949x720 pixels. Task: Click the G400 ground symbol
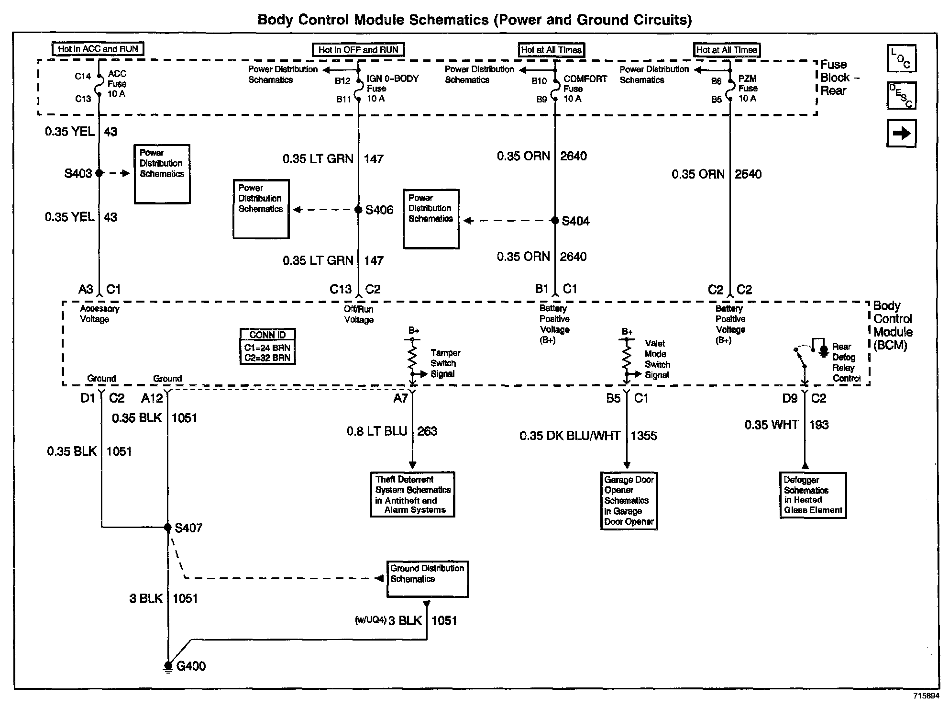168,666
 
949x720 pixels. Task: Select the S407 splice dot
168,527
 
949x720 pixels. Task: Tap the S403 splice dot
99,173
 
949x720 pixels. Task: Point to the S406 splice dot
358,210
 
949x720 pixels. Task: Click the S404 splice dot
555,221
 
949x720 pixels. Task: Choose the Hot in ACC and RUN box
98,49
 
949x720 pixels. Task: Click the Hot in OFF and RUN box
358,50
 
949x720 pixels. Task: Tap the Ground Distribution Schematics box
427,579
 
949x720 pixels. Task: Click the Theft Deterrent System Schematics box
412,495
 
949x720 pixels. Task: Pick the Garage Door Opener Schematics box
629,501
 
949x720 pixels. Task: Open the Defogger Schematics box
813,495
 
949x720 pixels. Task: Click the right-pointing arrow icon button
901,133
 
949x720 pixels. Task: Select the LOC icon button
901,58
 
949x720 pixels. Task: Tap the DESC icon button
901,96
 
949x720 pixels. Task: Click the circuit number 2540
748,174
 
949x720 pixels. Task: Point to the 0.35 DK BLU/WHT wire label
570,436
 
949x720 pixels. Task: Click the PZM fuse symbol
730,89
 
